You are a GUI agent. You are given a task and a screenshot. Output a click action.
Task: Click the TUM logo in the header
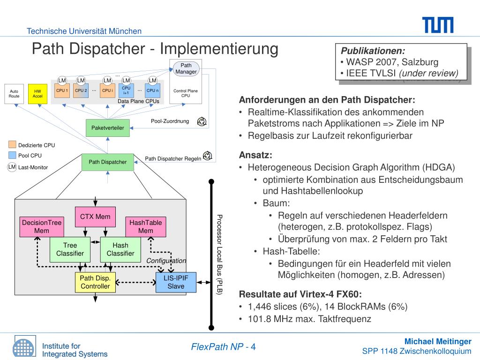[x=437, y=25]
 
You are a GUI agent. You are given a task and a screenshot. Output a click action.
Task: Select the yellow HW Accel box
[x=37, y=93]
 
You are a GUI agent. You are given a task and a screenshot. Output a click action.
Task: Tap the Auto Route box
[x=14, y=93]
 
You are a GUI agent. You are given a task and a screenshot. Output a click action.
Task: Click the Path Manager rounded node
[x=186, y=68]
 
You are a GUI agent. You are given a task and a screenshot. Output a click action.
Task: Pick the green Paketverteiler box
[x=107, y=127]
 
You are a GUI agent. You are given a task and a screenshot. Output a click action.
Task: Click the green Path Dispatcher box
[x=107, y=162]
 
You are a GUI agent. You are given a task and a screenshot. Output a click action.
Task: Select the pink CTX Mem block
[x=95, y=217]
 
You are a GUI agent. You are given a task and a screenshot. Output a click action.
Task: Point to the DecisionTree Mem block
[x=42, y=226]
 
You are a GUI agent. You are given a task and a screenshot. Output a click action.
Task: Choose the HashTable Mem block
[x=145, y=226]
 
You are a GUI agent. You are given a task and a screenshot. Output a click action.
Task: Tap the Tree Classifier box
[x=70, y=249]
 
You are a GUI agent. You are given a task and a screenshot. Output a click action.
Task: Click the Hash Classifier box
[x=120, y=249]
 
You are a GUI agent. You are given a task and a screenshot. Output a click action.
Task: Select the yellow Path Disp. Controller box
[x=95, y=282]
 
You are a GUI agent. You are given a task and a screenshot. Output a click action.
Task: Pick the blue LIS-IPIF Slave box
[x=176, y=282]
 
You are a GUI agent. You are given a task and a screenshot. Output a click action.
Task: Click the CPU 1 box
[x=62, y=90]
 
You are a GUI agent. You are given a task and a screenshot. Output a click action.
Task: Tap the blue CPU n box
[x=152, y=90]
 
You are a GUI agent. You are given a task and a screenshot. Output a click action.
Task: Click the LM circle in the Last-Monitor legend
[x=12, y=167]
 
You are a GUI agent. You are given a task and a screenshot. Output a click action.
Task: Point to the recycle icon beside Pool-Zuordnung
[x=202, y=122]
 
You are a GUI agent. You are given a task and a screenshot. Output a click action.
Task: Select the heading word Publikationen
[x=373, y=51]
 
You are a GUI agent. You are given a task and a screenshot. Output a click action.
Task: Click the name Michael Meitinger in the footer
[x=438, y=341]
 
